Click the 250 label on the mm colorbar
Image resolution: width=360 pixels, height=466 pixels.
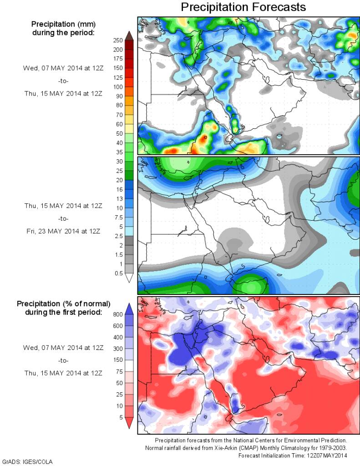[118, 41]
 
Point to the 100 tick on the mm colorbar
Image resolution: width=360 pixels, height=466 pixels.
[118, 87]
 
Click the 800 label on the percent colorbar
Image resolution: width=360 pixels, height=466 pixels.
[118, 314]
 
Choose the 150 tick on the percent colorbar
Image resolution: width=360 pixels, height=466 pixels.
[118, 360]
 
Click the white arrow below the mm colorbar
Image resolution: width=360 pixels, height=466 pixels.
[128, 278]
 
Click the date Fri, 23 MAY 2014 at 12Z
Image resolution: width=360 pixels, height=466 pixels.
[63, 231]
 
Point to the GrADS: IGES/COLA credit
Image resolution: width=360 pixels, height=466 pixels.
[28, 462]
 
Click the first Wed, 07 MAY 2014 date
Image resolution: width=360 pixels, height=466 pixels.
[63, 68]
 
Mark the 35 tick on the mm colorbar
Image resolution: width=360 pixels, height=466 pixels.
[118, 152]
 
